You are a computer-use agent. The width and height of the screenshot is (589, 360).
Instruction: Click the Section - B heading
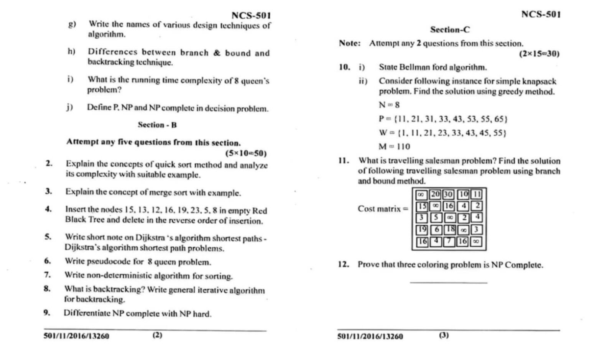tap(157, 125)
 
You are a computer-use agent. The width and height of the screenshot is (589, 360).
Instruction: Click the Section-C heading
tap(450, 30)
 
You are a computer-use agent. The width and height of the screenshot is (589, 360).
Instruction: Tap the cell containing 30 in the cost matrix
tap(448, 194)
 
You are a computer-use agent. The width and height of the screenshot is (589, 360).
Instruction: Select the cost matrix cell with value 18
tap(450, 229)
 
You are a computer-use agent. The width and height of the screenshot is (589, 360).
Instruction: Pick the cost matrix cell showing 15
tap(422, 206)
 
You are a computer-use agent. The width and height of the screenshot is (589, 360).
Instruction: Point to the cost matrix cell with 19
tap(422, 229)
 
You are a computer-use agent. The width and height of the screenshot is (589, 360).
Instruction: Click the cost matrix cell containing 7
tap(449, 242)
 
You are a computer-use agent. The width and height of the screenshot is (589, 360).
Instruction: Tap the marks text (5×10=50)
tap(246, 153)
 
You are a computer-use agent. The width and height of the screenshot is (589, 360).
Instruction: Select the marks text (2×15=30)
tap(539, 54)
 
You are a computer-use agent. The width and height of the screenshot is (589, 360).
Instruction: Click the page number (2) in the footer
tap(157, 335)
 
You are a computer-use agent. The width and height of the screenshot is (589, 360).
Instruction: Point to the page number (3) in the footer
tap(444, 335)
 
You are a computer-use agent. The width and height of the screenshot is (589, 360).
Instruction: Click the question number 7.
tap(47, 275)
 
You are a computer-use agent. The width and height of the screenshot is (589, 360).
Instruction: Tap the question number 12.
tap(343, 264)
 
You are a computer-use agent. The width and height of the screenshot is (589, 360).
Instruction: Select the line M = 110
tap(394, 146)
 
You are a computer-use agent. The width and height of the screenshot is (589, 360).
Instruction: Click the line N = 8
tap(389, 105)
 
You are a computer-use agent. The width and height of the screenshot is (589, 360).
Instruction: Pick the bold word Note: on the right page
tap(350, 43)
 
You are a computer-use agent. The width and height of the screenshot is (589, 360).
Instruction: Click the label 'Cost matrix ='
tap(383, 209)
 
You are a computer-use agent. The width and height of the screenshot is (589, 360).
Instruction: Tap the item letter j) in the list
tap(69, 107)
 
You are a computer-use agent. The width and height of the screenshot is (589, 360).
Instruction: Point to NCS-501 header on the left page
tap(251, 16)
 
